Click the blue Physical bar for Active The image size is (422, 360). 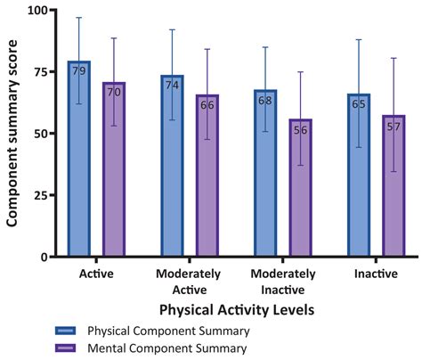pyautogui.click(x=78, y=160)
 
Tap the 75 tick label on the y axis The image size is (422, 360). pyautogui.click(x=40, y=72)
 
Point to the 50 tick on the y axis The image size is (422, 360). pyautogui.click(x=40, y=134)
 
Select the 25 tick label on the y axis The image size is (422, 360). pyautogui.click(x=40, y=195)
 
